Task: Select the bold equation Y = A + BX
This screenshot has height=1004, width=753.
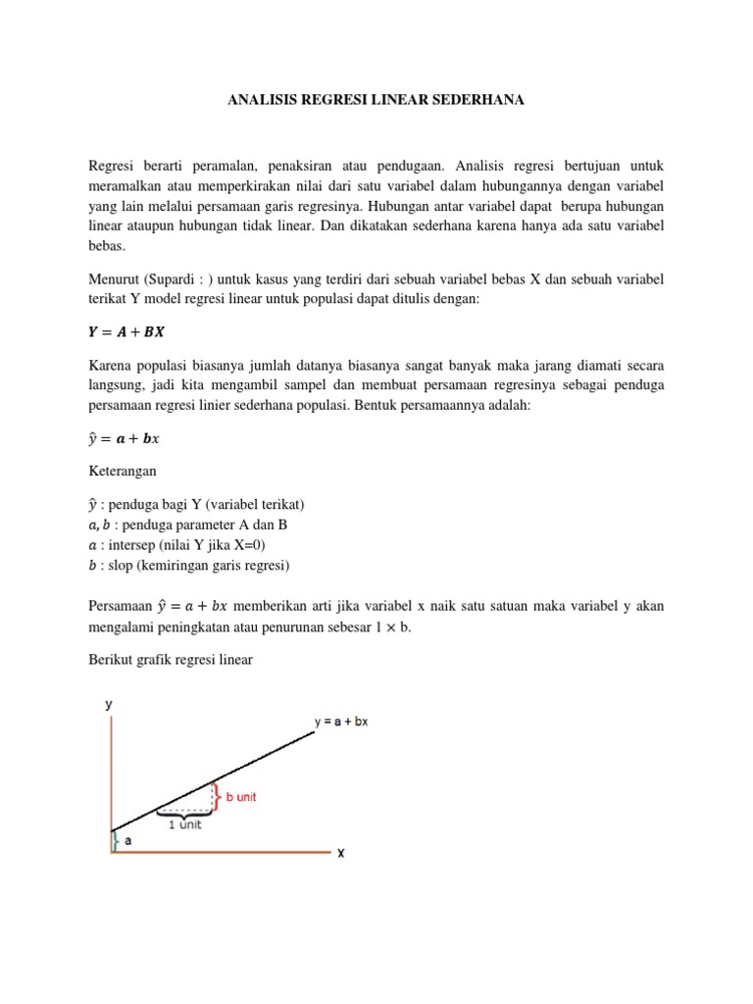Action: click(126, 332)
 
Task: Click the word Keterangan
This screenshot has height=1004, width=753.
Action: click(123, 471)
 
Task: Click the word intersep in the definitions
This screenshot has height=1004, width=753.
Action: click(125, 545)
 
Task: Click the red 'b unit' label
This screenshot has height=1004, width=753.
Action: click(241, 797)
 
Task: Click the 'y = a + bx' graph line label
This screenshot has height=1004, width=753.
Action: click(341, 722)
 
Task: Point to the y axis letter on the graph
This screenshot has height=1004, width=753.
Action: click(110, 704)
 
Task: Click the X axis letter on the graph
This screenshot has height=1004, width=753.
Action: click(340, 853)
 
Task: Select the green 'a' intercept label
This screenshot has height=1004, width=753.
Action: click(128, 840)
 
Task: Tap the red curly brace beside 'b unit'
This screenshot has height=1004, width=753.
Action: click(219, 797)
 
